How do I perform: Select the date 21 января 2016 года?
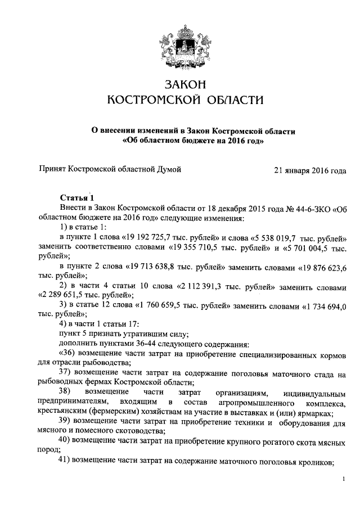(x=309, y=169)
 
